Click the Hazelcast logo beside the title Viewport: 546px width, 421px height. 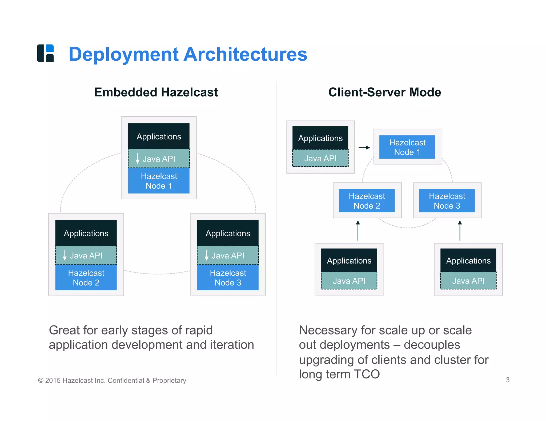[46, 53]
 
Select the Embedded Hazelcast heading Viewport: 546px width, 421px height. [156, 92]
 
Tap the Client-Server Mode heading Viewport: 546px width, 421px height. [384, 92]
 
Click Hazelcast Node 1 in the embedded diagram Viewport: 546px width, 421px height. [159, 181]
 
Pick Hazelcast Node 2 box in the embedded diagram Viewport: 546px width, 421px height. [86, 278]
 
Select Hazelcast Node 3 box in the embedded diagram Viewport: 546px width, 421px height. [228, 278]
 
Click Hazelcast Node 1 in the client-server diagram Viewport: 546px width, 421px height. [407, 147]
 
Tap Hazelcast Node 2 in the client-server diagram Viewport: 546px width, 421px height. [367, 201]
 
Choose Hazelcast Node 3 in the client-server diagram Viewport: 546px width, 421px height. [447, 201]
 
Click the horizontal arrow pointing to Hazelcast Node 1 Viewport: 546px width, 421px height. [364, 147]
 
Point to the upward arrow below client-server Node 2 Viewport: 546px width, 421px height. [358, 230]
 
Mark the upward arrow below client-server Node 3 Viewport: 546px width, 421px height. [460, 230]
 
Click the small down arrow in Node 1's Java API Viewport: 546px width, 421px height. [138, 158]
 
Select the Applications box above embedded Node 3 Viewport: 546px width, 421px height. [228, 233]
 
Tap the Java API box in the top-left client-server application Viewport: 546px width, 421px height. [320, 158]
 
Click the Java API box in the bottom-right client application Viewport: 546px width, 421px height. [468, 281]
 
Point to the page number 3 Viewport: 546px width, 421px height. [508, 380]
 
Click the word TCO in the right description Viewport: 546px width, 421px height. [367, 374]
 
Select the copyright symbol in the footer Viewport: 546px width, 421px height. [41, 381]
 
